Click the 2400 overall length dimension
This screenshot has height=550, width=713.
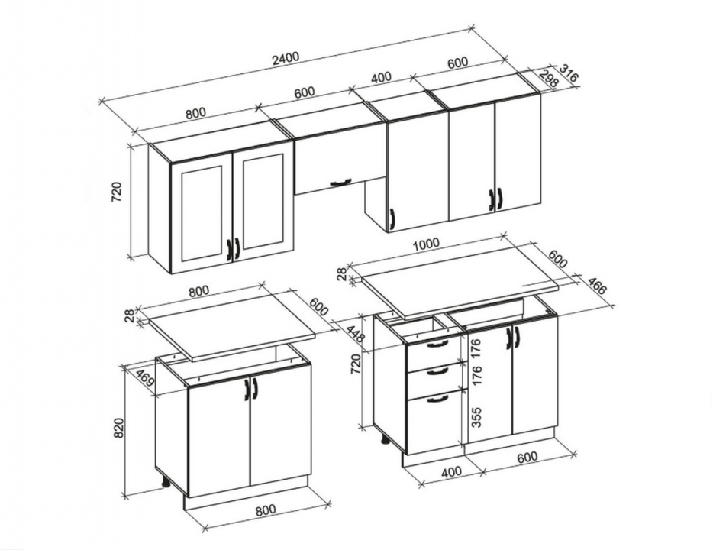pos(285,58)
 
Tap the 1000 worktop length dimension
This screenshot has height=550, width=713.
pos(426,244)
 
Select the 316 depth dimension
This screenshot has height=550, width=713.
pos(568,73)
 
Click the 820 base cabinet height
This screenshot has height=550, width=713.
pos(118,427)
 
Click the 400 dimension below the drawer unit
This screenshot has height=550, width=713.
pos(451,472)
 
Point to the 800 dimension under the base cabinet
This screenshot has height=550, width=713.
pos(266,510)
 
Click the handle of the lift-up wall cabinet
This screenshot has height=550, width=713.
pos(341,183)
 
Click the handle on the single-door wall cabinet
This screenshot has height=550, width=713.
pos(392,220)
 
